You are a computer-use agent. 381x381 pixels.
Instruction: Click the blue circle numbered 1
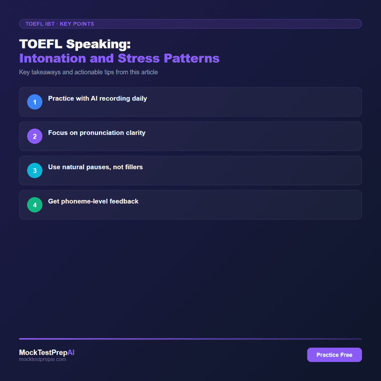point(35,102)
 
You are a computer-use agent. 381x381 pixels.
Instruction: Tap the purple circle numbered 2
point(35,136)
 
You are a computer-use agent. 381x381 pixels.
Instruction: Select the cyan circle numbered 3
point(35,170)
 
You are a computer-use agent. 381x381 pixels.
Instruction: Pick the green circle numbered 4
point(35,205)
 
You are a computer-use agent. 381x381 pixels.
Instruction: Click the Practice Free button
point(334,355)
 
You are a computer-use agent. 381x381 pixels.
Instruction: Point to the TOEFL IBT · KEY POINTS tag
point(60,24)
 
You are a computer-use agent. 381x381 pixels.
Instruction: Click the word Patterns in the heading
point(192,58)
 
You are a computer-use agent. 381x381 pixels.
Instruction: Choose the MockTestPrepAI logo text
point(47,352)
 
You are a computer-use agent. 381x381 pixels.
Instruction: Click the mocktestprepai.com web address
point(42,360)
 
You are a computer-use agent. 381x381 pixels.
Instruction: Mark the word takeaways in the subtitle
point(50,72)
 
